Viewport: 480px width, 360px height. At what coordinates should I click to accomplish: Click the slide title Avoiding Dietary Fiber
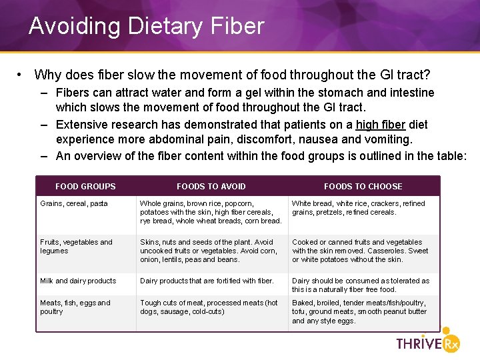click(146, 26)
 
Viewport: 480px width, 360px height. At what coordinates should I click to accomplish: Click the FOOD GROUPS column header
click(85, 187)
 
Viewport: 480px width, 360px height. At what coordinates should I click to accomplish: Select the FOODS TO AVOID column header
click(211, 187)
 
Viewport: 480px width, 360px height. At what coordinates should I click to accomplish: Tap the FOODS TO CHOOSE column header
click(363, 187)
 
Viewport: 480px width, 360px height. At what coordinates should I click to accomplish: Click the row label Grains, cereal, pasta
click(74, 204)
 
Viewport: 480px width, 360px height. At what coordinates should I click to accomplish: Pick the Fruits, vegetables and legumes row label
click(76, 247)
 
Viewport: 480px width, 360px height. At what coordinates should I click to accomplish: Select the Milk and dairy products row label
click(78, 281)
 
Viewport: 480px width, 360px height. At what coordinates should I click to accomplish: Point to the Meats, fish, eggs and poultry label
click(75, 307)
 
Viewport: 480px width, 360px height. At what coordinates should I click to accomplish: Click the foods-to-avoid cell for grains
click(211, 212)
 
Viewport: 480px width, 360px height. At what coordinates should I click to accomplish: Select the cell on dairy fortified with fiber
click(207, 281)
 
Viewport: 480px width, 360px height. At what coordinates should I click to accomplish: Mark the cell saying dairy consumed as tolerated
click(361, 285)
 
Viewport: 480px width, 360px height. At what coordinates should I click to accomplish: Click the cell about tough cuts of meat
click(209, 307)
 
